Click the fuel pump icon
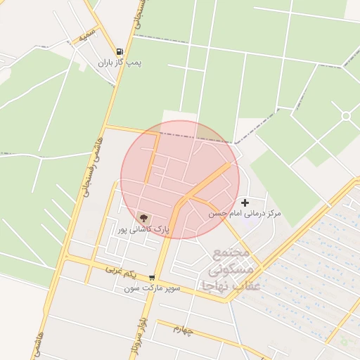pos(120,51)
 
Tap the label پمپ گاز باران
pos(120,63)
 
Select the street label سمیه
pos(87,35)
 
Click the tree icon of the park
pos(143,219)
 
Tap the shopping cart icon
pos(152,278)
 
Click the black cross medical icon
pos(245,202)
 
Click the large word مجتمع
pos(231,252)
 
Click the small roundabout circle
pos(345,115)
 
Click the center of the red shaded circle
pos(180,179)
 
